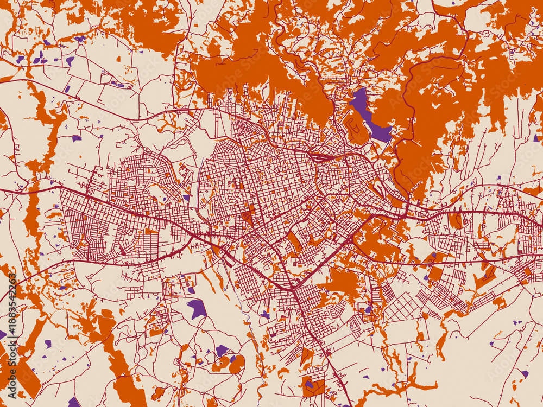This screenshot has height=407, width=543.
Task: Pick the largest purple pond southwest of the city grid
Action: pyautogui.click(x=197, y=309)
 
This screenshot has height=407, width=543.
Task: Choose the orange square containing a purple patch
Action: pyautogui.click(x=313, y=385)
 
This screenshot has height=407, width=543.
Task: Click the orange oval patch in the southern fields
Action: pyautogui.click(x=236, y=365)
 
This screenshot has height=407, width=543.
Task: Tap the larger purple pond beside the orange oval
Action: pyautogui.click(x=222, y=351)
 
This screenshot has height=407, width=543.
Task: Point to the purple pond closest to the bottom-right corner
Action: pyautogui.click(x=524, y=373)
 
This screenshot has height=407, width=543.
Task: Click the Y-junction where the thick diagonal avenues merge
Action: pyautogui.click(x=293, y=287)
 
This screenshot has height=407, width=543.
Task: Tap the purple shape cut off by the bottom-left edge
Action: pyautogui.click(x=73, y=403)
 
